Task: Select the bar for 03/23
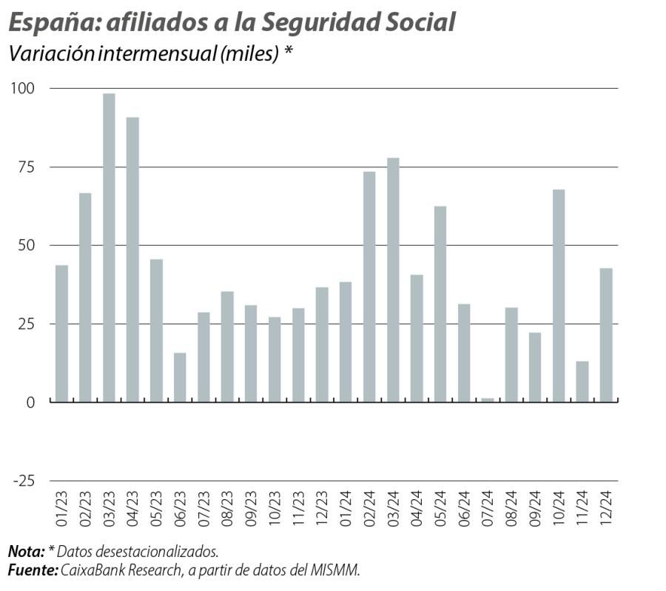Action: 109,247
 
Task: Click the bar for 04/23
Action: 132,259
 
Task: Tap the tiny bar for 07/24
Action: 487,400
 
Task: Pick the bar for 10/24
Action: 559,295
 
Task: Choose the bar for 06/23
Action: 180,377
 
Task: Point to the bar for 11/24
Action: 582,381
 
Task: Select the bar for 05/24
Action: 440,304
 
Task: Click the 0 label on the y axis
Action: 31,402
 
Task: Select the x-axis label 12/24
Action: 607,507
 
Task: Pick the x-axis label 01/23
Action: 61,507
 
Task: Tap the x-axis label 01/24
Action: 346,507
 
